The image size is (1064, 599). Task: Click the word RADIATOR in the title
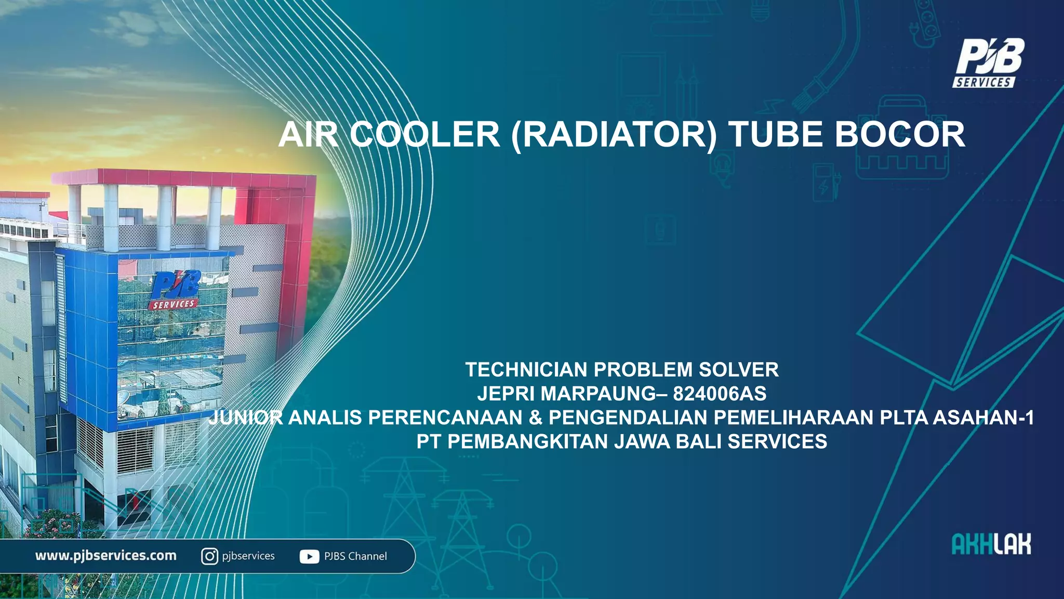click(x=614, y=135)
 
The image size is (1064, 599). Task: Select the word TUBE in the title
click(x=775, y=135)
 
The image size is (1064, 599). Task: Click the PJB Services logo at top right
click(x=988, y=63)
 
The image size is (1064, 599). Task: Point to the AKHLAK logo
click(x=991, y=544)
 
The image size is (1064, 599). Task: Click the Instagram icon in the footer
click(x=209, y=556)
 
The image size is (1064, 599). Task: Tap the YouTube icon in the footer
click(x=309, y=557)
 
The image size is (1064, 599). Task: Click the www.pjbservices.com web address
click(x=106, y=556)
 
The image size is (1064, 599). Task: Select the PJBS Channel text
click(x=355, y=556)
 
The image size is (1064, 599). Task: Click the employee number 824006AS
click(x=720, y=394)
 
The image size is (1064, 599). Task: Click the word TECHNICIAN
click(x=526, y=370)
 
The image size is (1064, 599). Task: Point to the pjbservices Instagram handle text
click(x=248, y=556)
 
